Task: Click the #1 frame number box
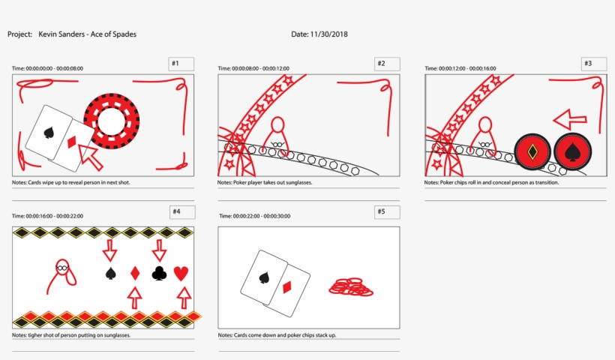[181, 64]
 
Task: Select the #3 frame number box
[594, 64]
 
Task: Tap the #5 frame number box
[387, 212]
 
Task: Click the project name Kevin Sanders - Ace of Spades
[87, 34]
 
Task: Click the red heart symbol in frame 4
[181, 274]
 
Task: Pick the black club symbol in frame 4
[159, 274]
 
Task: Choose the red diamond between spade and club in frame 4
[135, 274]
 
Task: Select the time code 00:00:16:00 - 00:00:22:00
[47, 216]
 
